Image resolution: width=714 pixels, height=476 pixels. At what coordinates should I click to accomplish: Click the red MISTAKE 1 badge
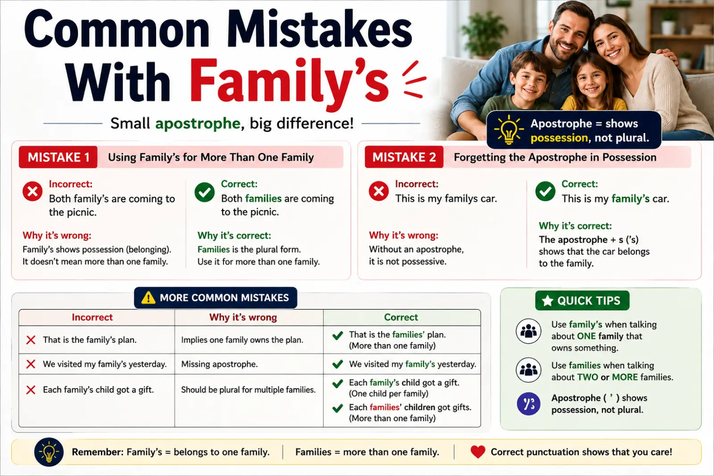point(58,157)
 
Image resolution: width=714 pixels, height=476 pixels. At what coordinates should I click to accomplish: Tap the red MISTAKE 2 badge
point(404,157)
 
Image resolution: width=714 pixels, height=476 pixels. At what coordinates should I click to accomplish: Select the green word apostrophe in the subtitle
point(198,124)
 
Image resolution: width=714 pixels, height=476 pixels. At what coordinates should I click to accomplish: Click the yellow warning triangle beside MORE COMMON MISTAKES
point(148,298)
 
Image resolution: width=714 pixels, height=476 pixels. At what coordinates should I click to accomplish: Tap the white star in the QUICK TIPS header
point(547,300)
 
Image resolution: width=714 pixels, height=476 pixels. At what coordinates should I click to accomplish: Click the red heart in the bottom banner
point(478,452)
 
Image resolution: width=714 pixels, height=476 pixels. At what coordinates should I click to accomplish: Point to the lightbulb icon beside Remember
point(49,452)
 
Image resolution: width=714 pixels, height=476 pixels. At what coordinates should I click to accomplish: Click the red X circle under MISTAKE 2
point(379,191)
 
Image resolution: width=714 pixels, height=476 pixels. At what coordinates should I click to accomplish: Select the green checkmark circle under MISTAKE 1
point(205,192)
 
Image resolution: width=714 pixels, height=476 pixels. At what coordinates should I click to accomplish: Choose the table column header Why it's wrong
point(243,317)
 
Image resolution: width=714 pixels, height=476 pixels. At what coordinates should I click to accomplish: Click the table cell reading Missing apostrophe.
point(219,364)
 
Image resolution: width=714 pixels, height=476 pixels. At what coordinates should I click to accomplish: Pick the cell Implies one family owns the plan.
point(242,340)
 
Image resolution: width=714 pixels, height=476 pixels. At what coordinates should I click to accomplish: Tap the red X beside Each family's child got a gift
point(31,389)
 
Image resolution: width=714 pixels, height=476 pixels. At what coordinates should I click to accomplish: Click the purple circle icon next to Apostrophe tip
point(528,404)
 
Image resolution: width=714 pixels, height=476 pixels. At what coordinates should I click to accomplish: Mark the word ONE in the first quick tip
point(586,336)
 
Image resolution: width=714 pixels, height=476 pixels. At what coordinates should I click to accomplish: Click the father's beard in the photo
point(567,51)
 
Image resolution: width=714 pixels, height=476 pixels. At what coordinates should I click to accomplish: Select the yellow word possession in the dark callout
point(559,138)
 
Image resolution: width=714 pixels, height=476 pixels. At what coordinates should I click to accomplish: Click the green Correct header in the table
point(401,317)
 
